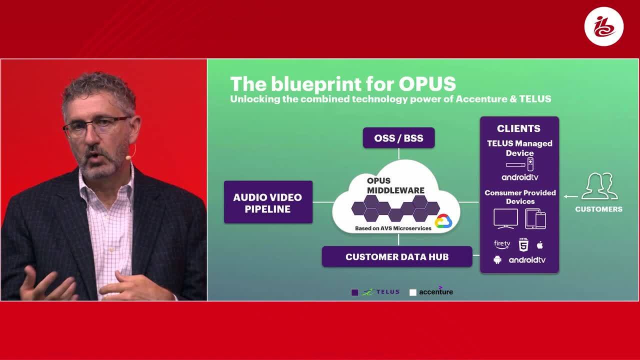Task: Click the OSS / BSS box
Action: point(398,137)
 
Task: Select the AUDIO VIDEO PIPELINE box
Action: point(268,202)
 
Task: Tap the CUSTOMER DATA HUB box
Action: point(397,256)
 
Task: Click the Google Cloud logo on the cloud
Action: point(443,221)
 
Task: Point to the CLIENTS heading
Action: point(518,128)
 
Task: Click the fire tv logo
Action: point(502,244)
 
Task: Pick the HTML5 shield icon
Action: point(523,245)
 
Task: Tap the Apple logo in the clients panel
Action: point(540,245)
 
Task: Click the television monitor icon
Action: point(505,219)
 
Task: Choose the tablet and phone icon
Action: point(535,219)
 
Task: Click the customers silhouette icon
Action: point(599,186)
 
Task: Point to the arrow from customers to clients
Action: point(570,196)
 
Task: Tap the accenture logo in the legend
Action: point(436,291)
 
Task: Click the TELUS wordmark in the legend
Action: point(387,291)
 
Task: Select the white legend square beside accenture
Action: point(413,292)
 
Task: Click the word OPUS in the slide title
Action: point(427,83)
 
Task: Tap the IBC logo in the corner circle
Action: point(603,26)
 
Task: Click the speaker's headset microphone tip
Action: point(128,157)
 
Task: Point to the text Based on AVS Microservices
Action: point(393,228)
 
